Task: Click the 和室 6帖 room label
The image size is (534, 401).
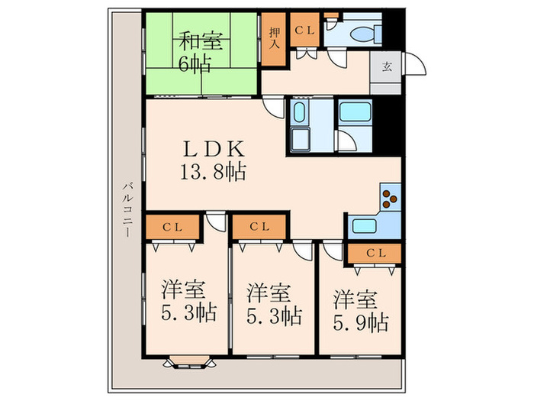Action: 201,51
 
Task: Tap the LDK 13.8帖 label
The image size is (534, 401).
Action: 213,160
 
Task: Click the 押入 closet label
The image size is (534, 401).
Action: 275,38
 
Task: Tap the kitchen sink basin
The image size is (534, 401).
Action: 364,226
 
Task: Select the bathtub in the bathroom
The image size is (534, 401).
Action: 355,112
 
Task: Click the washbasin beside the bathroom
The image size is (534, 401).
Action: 299,112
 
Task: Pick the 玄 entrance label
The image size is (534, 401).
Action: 387,66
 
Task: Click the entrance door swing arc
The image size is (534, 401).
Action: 415,63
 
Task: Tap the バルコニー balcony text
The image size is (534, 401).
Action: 128,210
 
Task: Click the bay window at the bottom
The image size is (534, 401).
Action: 189,362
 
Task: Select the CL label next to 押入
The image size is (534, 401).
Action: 304,31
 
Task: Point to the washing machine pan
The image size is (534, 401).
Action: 301,139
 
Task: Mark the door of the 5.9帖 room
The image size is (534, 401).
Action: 333,251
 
